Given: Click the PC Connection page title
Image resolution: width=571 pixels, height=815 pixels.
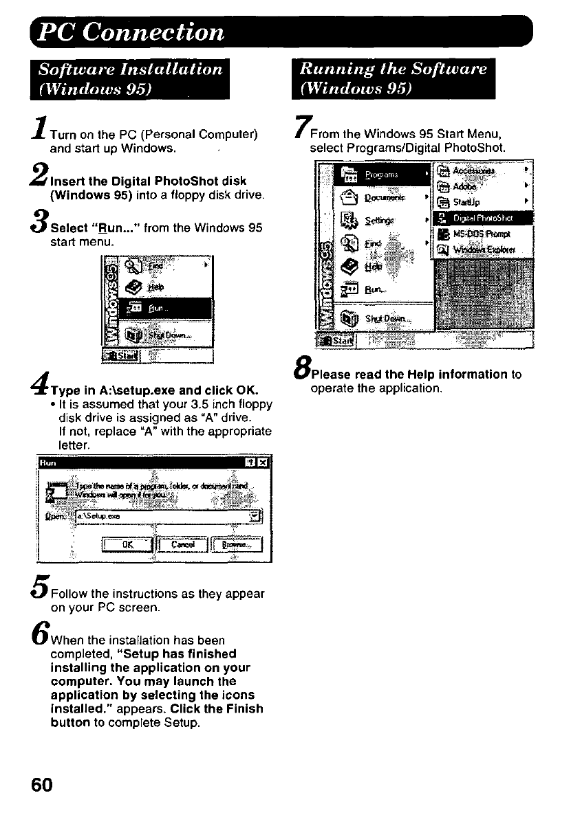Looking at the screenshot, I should (131, 32).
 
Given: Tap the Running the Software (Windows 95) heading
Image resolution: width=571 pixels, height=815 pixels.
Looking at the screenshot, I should (393, 79).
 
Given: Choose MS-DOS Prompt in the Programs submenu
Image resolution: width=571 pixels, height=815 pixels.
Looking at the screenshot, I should (486, 234).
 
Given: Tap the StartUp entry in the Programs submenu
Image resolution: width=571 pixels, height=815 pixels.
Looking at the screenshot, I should (468, 203).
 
